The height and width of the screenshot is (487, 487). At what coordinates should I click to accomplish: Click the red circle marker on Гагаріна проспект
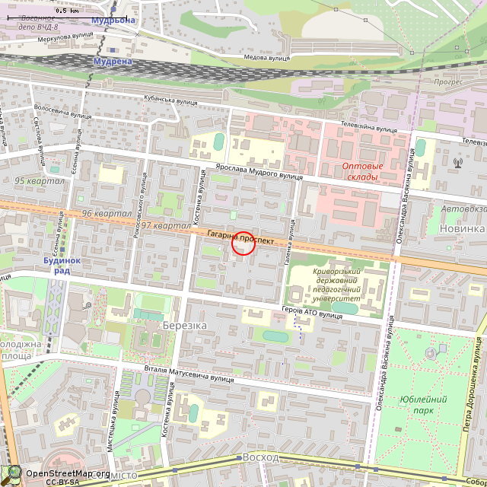point(243,243)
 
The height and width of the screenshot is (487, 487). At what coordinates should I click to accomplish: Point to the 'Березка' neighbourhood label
point(184,325)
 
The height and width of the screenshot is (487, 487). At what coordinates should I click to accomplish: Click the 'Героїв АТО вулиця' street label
point(312,312)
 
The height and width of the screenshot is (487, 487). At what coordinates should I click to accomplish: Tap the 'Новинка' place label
point(462,228)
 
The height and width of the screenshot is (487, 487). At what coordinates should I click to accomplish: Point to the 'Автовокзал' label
point(463,208)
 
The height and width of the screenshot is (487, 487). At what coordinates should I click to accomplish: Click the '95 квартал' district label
point(40,181)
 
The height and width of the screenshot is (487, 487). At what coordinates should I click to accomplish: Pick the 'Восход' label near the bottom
point(261,457)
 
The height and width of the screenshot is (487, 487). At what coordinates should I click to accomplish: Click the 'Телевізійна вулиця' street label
point(368,127)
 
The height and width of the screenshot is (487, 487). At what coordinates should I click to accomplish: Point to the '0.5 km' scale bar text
point(67,11)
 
